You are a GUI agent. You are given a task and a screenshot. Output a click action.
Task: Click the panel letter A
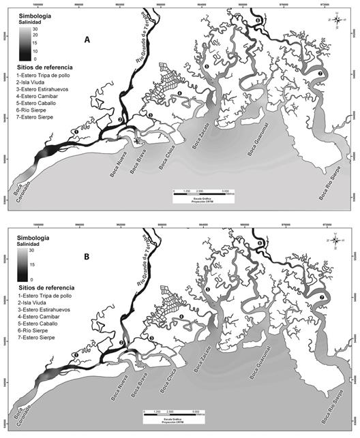click(87, 41)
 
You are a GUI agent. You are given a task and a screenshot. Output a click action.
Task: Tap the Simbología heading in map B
click(32, 228)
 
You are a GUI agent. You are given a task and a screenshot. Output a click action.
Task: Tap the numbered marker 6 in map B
click(260, 243)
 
